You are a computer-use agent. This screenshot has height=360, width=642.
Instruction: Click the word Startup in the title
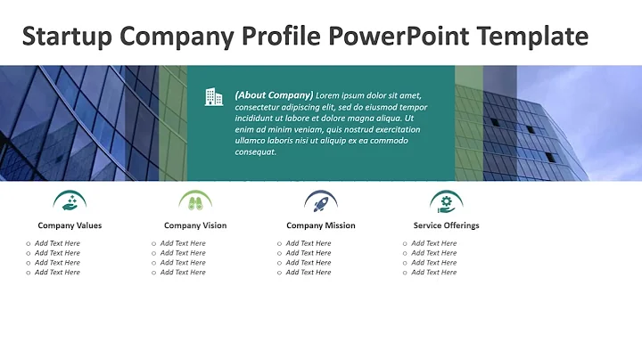click(67, 37)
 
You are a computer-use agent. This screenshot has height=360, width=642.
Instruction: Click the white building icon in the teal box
click(213, 96)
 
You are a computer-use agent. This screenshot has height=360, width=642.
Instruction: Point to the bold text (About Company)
click(274, 94)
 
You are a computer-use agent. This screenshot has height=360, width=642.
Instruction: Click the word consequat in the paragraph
click(256, 151)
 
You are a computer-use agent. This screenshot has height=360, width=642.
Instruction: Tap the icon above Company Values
click(70, 201)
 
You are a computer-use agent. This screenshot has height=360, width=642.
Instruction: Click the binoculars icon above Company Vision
click(195, 201)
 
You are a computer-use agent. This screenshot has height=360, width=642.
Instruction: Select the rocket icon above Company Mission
click(321, 201)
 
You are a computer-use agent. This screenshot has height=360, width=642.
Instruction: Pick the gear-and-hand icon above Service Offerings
click(446, 201)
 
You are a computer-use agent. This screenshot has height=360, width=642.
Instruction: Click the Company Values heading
click(70, 225)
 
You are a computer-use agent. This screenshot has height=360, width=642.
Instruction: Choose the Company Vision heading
click(195, 225)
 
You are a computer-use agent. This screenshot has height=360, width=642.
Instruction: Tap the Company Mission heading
click(321, 225)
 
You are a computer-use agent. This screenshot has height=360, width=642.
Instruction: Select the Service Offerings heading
click(446, 225)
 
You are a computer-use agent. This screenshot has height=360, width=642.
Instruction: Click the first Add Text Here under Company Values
click(57, 243)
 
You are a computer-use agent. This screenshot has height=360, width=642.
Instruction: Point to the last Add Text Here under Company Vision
click(183, 273)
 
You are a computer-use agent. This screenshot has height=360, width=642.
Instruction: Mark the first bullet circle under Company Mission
click(279, 243)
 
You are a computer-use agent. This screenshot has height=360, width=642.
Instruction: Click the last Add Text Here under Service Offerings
click(434, 273)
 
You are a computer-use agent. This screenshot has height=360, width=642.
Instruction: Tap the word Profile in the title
click(282, 37)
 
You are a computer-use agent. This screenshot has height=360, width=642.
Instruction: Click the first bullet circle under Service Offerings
click(405, 243)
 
